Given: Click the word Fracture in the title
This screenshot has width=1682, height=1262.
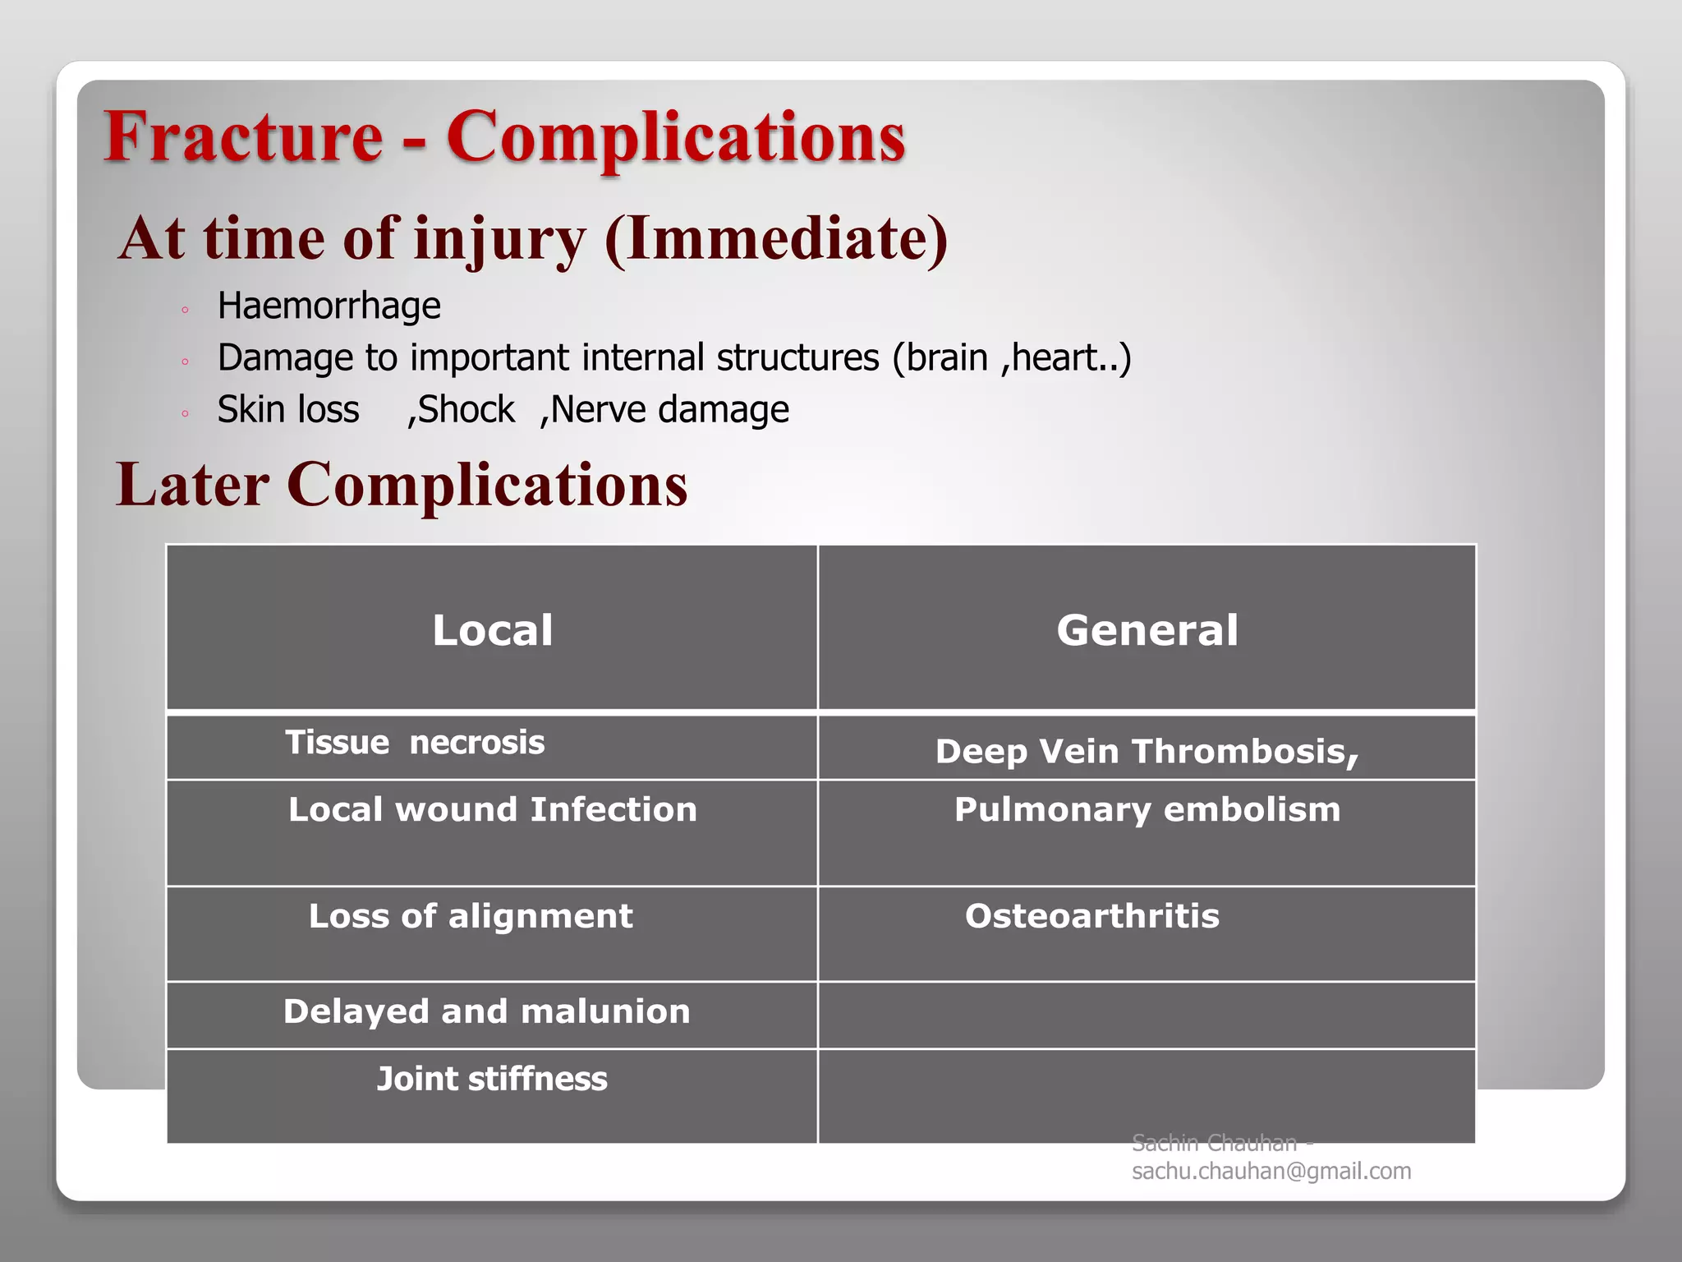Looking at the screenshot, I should tap(244, 136).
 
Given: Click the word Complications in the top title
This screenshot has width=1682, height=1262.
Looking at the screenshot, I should tap(675, 138).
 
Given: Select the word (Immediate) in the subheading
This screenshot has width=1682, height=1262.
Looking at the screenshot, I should tap(776, 239).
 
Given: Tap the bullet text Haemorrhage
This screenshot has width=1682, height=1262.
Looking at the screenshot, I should tap(329, 306).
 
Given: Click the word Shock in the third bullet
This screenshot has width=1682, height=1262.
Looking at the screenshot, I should tap(466, 409).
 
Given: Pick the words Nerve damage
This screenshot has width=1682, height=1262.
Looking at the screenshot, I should tap(669, 409).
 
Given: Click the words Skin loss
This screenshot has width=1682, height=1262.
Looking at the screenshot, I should tap(288, 409).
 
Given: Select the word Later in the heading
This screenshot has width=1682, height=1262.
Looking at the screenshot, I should tap(192, 485).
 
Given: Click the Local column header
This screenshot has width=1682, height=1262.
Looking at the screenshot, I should tap(492, 630).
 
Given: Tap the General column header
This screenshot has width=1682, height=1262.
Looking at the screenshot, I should tap(1147, 630).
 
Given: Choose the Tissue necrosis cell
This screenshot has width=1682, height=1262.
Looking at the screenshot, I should tap(415, 743).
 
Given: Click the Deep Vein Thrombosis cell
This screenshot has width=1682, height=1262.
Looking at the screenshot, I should tap(1147, 751).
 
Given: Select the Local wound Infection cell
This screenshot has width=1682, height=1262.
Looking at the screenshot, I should tap(493, 810).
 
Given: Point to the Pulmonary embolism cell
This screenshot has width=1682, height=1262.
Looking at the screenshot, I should tap(1147, 810).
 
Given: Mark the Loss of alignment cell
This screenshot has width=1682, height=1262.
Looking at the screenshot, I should tap(471, 916).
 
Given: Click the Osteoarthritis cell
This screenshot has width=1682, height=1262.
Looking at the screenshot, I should tap(1092, 916).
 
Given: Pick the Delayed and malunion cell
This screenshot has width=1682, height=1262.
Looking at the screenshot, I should tap(487, 1011).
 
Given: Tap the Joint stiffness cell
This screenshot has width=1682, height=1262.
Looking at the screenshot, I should tap(492, 1079).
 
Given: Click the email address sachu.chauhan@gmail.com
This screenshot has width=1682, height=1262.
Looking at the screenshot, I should tap(1271, 1171).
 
